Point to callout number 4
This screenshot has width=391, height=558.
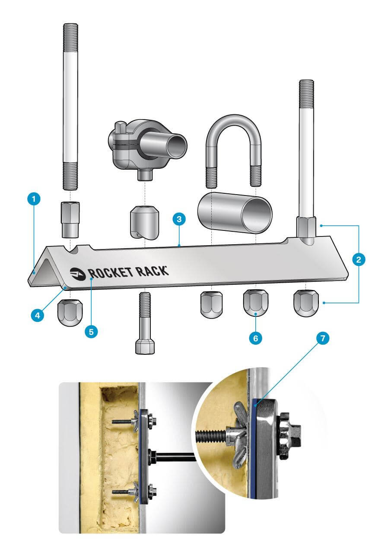(38, 315)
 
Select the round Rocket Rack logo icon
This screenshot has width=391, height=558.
(78, 273)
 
